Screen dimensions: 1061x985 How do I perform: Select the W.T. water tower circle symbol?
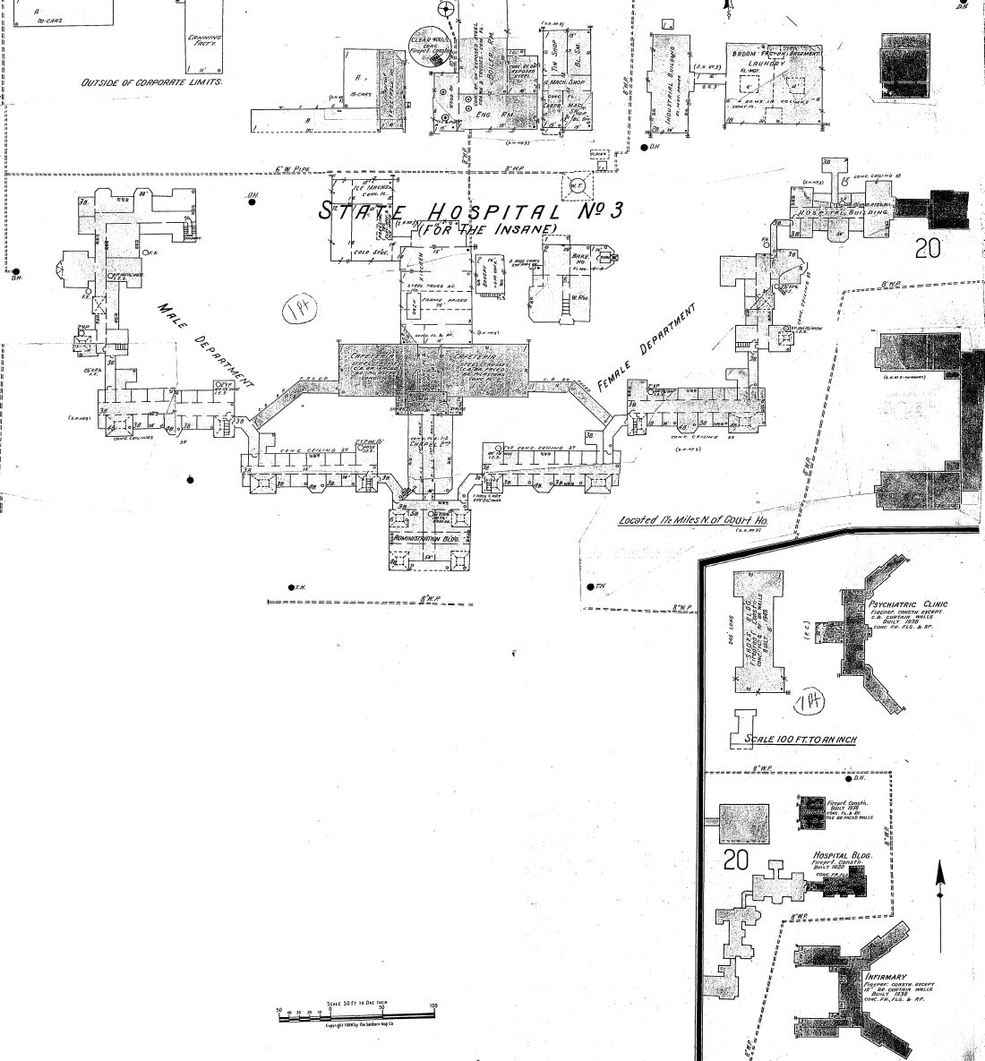click(577, 186)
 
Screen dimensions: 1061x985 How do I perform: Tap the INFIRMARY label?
click(886, 977)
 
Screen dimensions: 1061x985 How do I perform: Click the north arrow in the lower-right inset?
click(939, 904)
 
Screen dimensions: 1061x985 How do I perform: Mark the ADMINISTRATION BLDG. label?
click(425, 539)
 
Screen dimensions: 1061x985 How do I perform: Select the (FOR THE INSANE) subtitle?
click(487, 229)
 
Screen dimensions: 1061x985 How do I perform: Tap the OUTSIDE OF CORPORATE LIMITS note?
click(151, 81)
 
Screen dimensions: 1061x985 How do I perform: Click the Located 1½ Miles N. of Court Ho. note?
click(695, 520)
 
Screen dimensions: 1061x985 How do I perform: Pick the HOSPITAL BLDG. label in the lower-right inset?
click(842, 856)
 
